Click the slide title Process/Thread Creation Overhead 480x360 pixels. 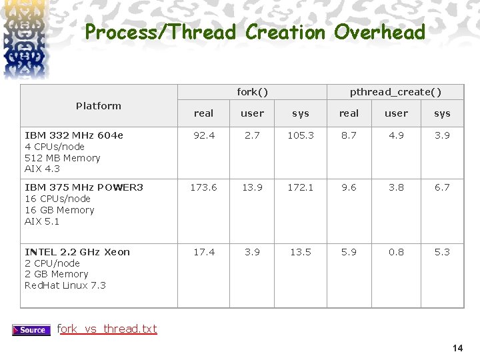pyautogui.click(x=255, y=32)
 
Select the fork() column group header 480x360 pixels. pyautogui.click(x=253, y=91)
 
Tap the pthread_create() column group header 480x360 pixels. pyautogui.click(x=395, y=91)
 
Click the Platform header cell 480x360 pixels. pyautogui.click(x=99, y=105)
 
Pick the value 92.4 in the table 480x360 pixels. pyautogui.click(x=203, y=135)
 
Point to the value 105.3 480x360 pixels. pyautogui.click(x=301, y=135)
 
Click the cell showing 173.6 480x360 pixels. pyautogui.click(x=203, y=187)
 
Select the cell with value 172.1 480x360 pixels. pyautogui.click(x=301, y=187)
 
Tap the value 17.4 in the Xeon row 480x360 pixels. pyautogui.click(x=203, y=252)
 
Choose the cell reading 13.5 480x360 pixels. pyautogui.click(x=301, y=252)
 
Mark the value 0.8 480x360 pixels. pyautogui.click(x=396, y=252)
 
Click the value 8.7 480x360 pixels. pyautogui.click(x=349, y=135)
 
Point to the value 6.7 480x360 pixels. pyautogui.click(x=442, y=187)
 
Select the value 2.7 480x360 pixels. pyautogui.click(x=252, y=135)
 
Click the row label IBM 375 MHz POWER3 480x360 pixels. pyautogui.click(x=83, y=187)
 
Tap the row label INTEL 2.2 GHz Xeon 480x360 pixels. pyautogui.click(x=77, y=252)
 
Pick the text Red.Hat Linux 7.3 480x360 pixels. pyautogui.click(x=65, y=285)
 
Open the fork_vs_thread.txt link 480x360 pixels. pyautogui.click(x=108, y=329)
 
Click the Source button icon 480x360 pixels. pyautogui.click(x=31, y=329)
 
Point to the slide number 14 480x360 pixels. pyautogui.click(x=457, y=348)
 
